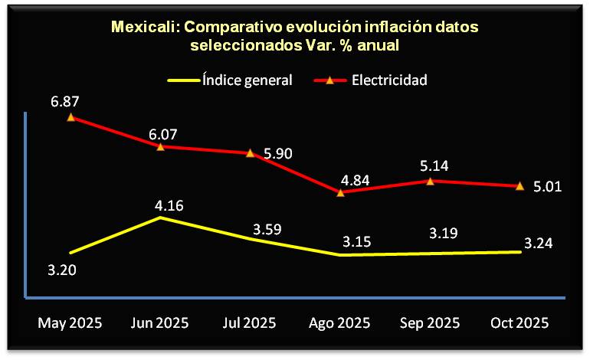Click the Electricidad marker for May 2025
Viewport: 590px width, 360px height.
[70, 117]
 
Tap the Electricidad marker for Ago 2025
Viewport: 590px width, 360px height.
[340, 192]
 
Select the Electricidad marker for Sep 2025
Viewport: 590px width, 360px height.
[430, 181]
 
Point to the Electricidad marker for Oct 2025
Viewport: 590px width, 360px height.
[520, 186]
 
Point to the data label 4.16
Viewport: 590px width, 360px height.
[169, 205]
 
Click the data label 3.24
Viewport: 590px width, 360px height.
[538, 244]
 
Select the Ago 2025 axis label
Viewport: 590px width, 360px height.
[340, 322]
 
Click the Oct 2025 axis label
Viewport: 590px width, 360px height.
[520, 322]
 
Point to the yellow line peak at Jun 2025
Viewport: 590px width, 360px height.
[160, 218]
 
